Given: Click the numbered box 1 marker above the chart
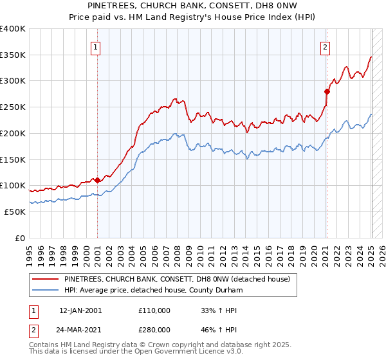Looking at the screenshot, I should (x=95, y=46).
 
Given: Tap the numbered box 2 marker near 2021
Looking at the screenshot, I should (x=326, y=46).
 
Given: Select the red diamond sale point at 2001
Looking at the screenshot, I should (x=97, y=181).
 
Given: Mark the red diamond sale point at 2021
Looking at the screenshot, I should (x=327, y=91).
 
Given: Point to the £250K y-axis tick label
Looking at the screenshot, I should (x=13, y=107).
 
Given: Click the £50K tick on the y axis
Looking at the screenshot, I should (x=15, y=212).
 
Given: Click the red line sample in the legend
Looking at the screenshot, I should (x=46, y=280).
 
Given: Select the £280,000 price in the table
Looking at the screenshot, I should (x=154, y=328).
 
